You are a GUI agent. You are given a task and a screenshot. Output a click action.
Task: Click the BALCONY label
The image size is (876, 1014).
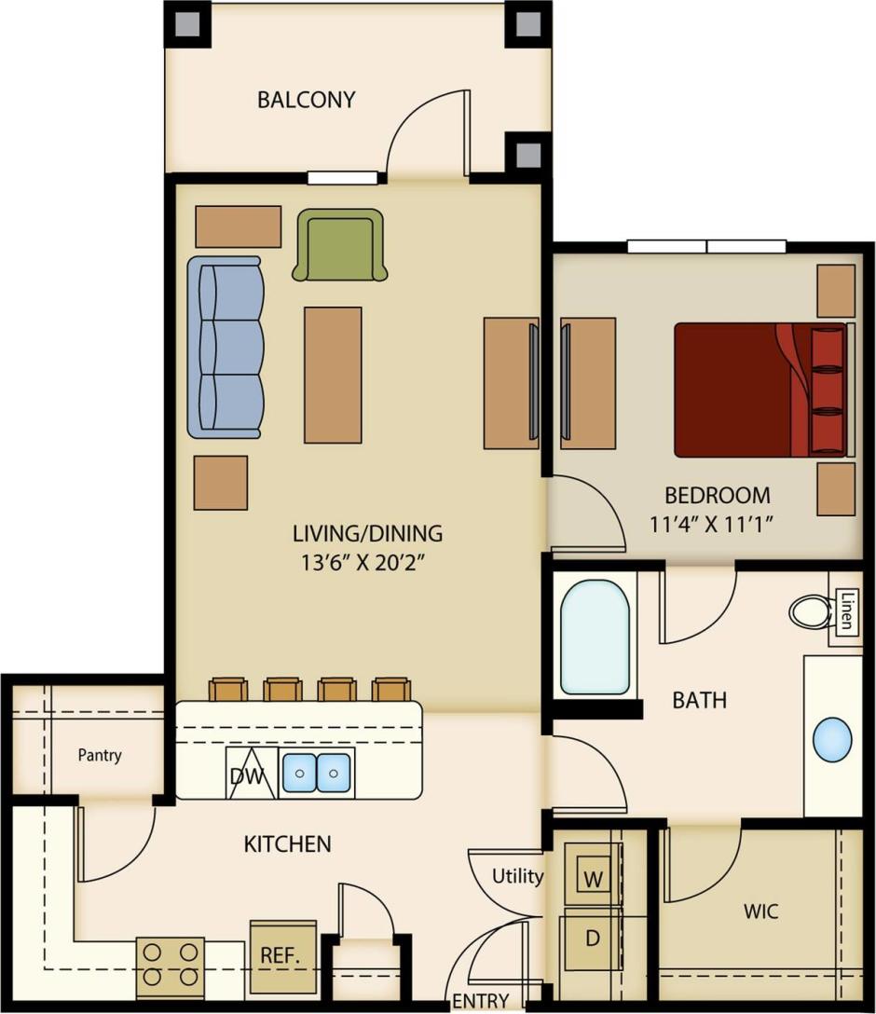[306, 100]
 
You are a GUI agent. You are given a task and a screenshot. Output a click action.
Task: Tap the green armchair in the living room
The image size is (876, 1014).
[339, 245]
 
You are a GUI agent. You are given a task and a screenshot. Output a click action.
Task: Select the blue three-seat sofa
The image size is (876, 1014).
[224, 347]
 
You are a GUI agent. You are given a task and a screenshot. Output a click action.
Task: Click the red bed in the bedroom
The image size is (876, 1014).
[760, 390]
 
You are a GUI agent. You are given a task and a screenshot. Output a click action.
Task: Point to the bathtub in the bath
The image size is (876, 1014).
[595, 637]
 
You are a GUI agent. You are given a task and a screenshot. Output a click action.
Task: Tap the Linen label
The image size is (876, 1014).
[846, 611]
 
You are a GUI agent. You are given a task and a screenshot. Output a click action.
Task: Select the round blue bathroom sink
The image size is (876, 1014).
[832, 740]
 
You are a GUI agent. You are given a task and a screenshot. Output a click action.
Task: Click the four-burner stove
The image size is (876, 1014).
[171, 966]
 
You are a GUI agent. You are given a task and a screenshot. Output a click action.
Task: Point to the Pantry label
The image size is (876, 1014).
[99, 755]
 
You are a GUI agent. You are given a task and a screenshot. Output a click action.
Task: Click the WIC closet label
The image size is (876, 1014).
[761, 910]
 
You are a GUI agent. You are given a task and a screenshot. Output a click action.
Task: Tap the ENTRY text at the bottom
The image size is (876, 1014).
[481, 1002]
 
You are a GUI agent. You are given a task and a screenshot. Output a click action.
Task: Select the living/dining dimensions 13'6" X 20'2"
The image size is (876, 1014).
[367, 562]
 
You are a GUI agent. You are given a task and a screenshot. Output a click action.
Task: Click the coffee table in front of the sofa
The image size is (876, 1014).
[333, 375]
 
